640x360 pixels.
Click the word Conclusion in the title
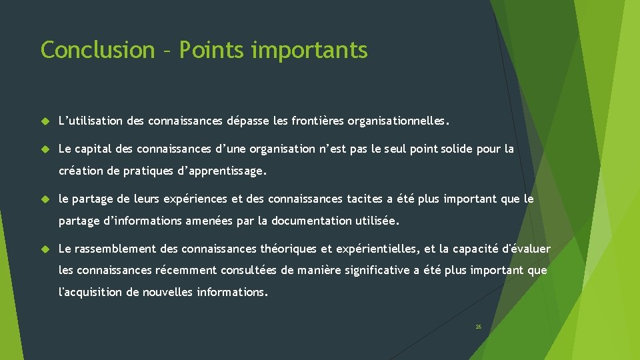(x=97, y=50)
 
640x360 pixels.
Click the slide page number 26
(x=478, y=327)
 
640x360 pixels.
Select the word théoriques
(x=288, y=249)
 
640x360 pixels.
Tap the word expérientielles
(x=377, y=249)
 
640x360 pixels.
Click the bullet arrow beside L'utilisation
(x=46, y=122)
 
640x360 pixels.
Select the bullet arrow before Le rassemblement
(x=46, y=249)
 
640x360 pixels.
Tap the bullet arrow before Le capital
(x=46, y=149)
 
